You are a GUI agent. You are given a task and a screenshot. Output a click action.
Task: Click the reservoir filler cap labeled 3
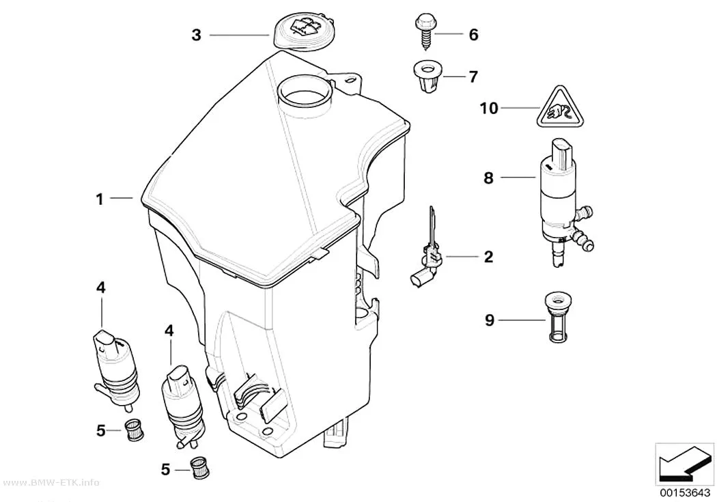(301, 31)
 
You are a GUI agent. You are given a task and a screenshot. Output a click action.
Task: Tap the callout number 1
(100, 199)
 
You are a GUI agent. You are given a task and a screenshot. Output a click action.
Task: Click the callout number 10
(489, 109)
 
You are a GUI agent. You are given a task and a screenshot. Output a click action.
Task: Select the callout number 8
(489, 178)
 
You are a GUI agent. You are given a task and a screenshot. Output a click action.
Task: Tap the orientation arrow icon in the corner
(684, 464)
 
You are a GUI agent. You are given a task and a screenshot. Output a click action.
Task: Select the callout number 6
(474, 34)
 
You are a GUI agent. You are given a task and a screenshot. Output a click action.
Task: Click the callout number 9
(490, 320)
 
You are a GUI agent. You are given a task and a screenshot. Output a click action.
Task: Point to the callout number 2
(488, 257)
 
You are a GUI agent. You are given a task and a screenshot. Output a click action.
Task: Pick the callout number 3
(196, 35)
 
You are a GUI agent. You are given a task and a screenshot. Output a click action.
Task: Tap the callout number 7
(473, 76)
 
